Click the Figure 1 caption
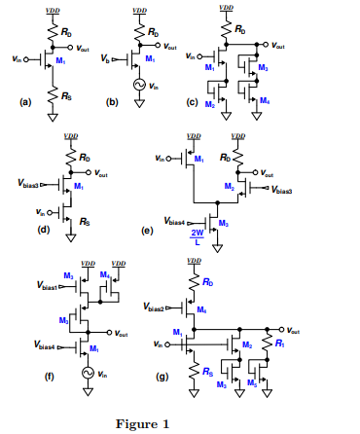(142, 423)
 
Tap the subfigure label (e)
(147, 232)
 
